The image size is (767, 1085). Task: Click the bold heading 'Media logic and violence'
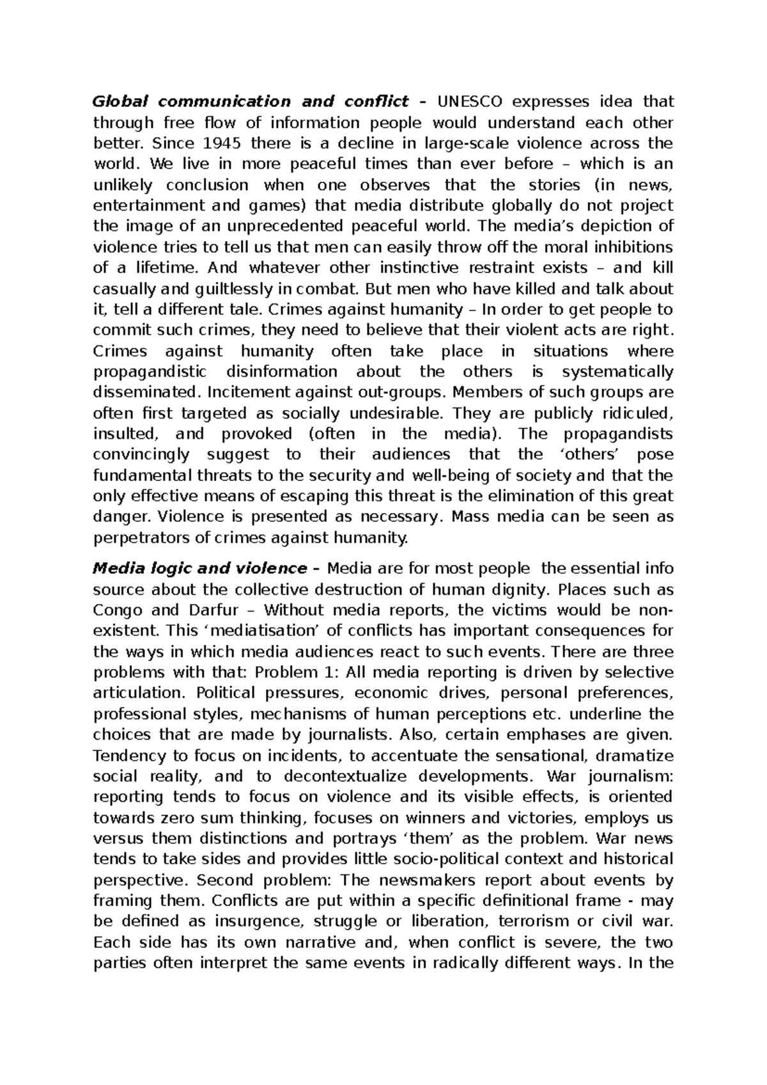(200, 568)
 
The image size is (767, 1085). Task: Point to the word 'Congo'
(117, 610)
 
